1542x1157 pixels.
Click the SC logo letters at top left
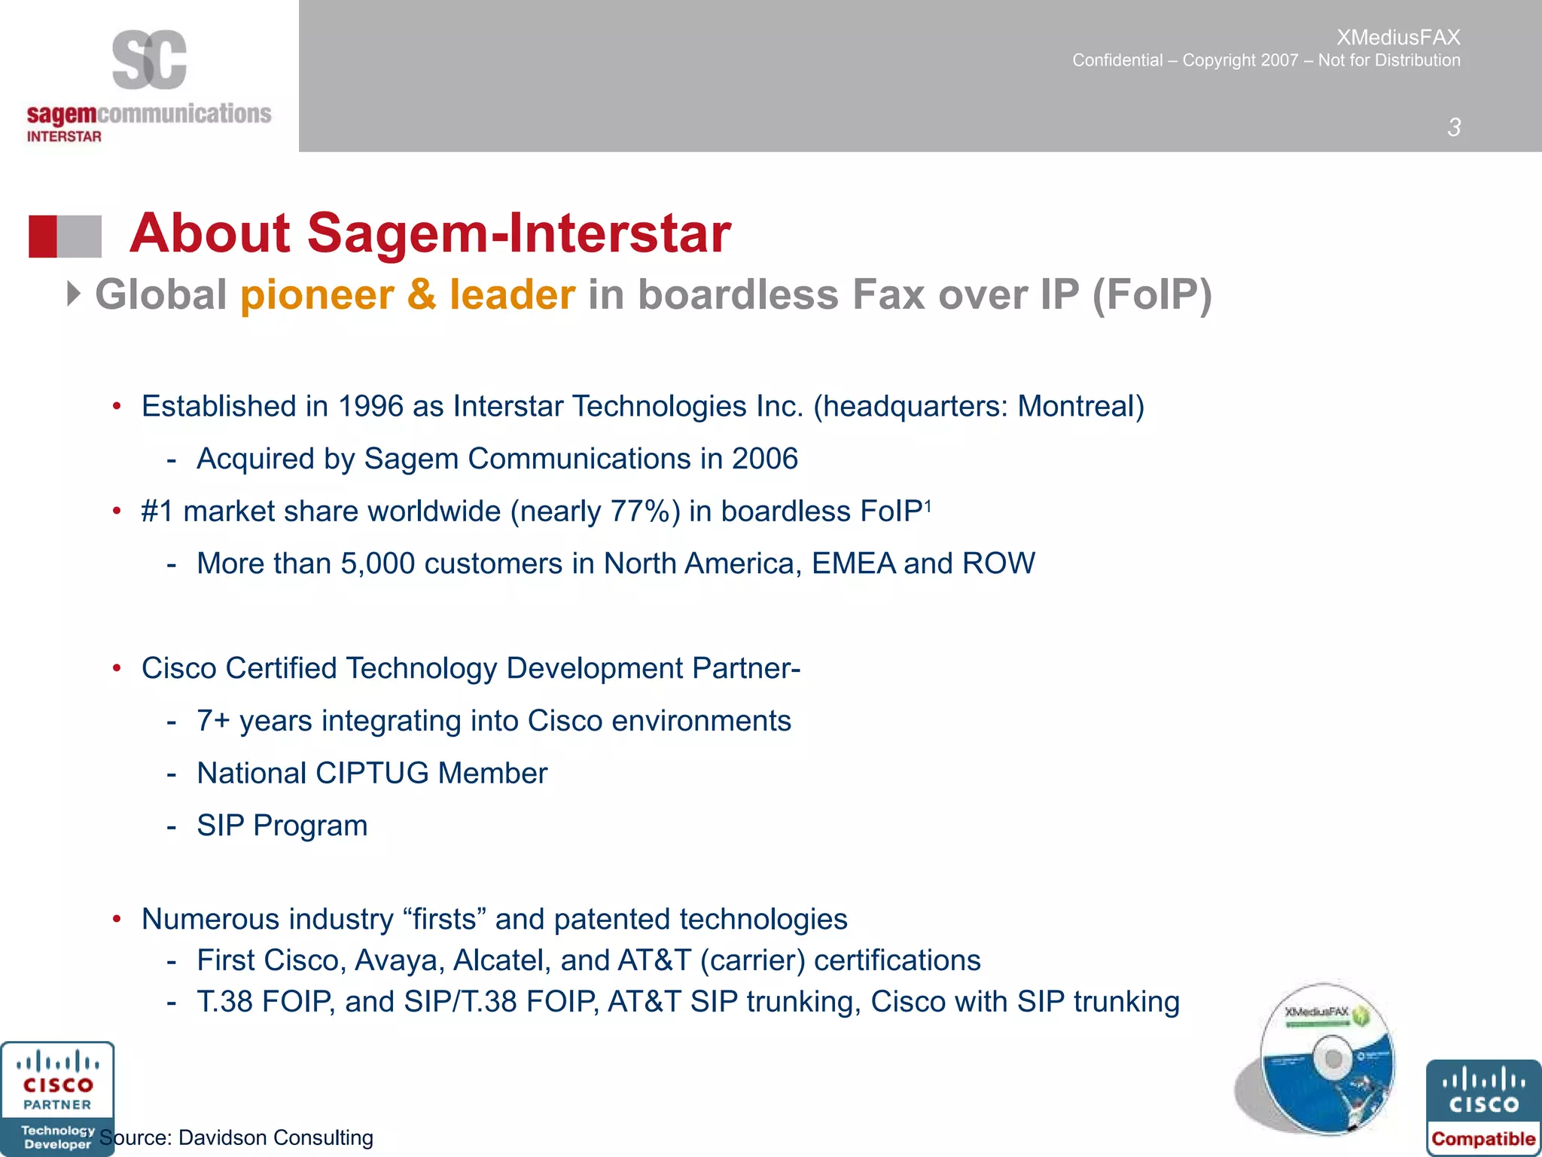click(149, 60)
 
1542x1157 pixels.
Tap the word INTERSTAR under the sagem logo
click(64, 136)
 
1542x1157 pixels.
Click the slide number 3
click(1454, 127)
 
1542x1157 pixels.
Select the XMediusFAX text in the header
click(1397, 37)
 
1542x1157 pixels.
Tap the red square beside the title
click(43, 237)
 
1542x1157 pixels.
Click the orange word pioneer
click(316, 295)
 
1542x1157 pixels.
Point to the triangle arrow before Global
click(73, 294)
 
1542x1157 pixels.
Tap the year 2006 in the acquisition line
click(764, 459)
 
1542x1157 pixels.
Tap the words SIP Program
click(282, 826)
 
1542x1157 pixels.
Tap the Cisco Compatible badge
click(1483, 1107)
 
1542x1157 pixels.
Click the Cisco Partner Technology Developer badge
click(57, 1098)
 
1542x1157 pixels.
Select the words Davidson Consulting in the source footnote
click(276, 1137)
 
